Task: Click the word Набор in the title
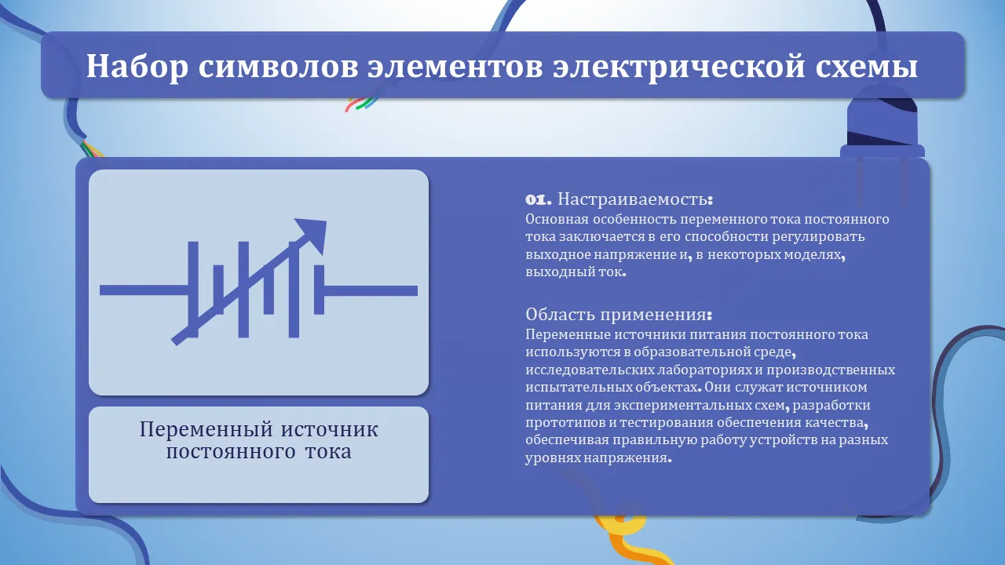137,67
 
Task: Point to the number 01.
539,199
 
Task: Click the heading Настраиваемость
635,199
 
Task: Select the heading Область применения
619,315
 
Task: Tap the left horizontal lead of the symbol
144,290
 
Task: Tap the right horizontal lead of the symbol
371,291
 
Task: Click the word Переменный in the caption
206,429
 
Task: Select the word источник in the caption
330,429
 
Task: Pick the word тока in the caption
328,452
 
